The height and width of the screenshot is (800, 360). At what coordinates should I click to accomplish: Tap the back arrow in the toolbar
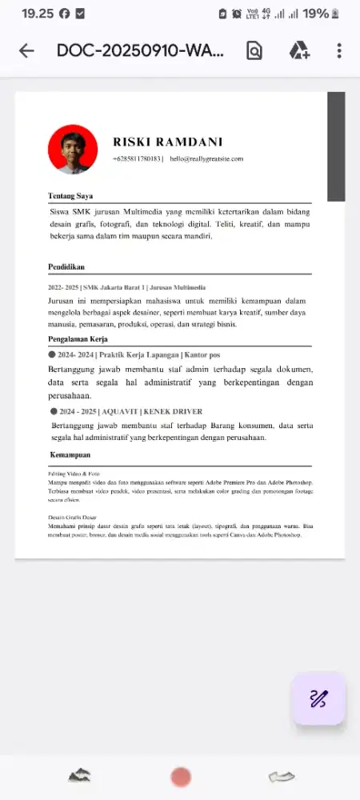[26, 51]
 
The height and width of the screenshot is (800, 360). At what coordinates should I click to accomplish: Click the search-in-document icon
[254, 51]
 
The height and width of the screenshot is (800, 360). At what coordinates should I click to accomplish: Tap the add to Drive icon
[299, 51]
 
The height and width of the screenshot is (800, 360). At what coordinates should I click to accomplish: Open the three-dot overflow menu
[339, 51]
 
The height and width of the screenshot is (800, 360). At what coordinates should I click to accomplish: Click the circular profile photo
[73, 149]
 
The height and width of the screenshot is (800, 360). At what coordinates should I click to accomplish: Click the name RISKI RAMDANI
[167, 142]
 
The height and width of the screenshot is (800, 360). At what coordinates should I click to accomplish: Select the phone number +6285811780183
[137, 159]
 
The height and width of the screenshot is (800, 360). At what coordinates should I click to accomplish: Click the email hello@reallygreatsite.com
[206, 159]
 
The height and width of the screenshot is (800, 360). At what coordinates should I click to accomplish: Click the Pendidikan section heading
[66, 267]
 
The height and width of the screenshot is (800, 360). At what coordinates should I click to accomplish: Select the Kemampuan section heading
[70, 455]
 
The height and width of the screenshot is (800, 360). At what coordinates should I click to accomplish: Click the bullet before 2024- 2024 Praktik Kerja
[51, 354]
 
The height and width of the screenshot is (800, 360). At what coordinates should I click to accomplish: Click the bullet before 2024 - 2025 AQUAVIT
[54, 411]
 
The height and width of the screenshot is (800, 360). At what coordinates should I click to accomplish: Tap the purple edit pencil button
[318, 698]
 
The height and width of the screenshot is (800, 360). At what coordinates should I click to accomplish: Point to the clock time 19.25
[37, 14]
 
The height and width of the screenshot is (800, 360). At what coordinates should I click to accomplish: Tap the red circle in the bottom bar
[181, 777]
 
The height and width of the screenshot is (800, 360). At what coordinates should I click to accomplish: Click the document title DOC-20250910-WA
[140, 51]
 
